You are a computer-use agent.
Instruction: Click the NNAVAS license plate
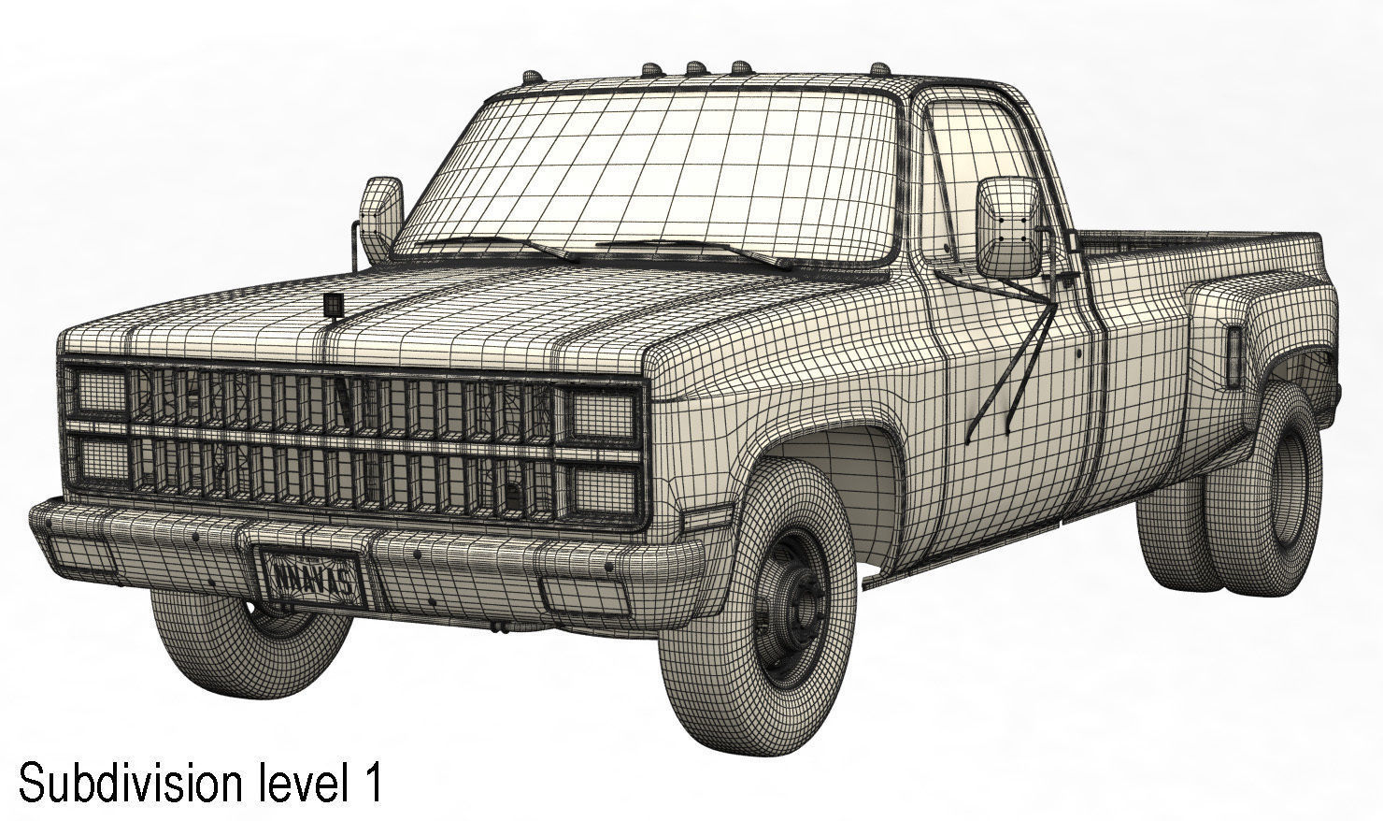click(313, 576)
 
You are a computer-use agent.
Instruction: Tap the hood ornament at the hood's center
click(332, 306)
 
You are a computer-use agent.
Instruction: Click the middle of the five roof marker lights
click(695, 66)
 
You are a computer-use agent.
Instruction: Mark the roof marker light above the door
click(879, 69)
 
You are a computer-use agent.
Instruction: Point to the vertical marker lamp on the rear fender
click(1233, 356)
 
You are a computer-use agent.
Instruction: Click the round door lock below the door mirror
click(1078, 356)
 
